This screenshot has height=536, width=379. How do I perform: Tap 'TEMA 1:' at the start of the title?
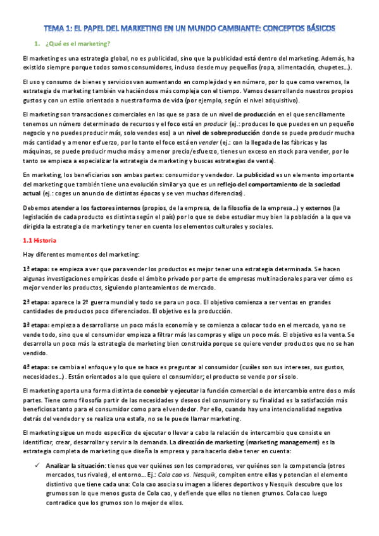(x=57, y=28)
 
